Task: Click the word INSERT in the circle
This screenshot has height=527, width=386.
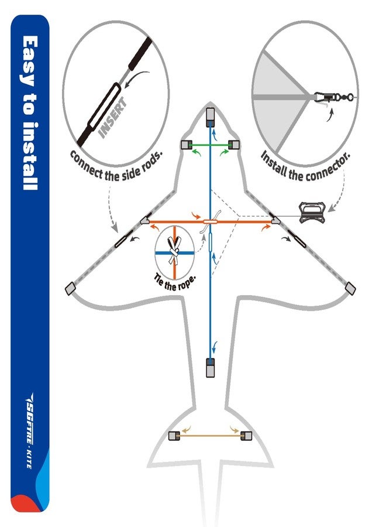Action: point(113,118)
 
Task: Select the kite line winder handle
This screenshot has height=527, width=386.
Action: point(312,213)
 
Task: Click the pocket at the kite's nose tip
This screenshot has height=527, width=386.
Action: point(211,117)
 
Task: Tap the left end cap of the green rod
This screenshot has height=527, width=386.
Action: point(186,145)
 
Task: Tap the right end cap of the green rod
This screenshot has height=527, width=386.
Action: point(234,145)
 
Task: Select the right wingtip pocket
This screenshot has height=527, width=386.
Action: point(350,288)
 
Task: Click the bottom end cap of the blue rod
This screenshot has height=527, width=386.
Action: point(210,368)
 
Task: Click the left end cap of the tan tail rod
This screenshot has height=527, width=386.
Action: point(174,436)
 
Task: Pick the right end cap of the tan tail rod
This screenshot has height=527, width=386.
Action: point(246,436)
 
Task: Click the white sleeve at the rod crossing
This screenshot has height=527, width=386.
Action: point(211,221)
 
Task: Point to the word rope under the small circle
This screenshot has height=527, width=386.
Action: point(185,285)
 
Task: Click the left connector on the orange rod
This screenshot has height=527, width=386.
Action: point(146,220)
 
